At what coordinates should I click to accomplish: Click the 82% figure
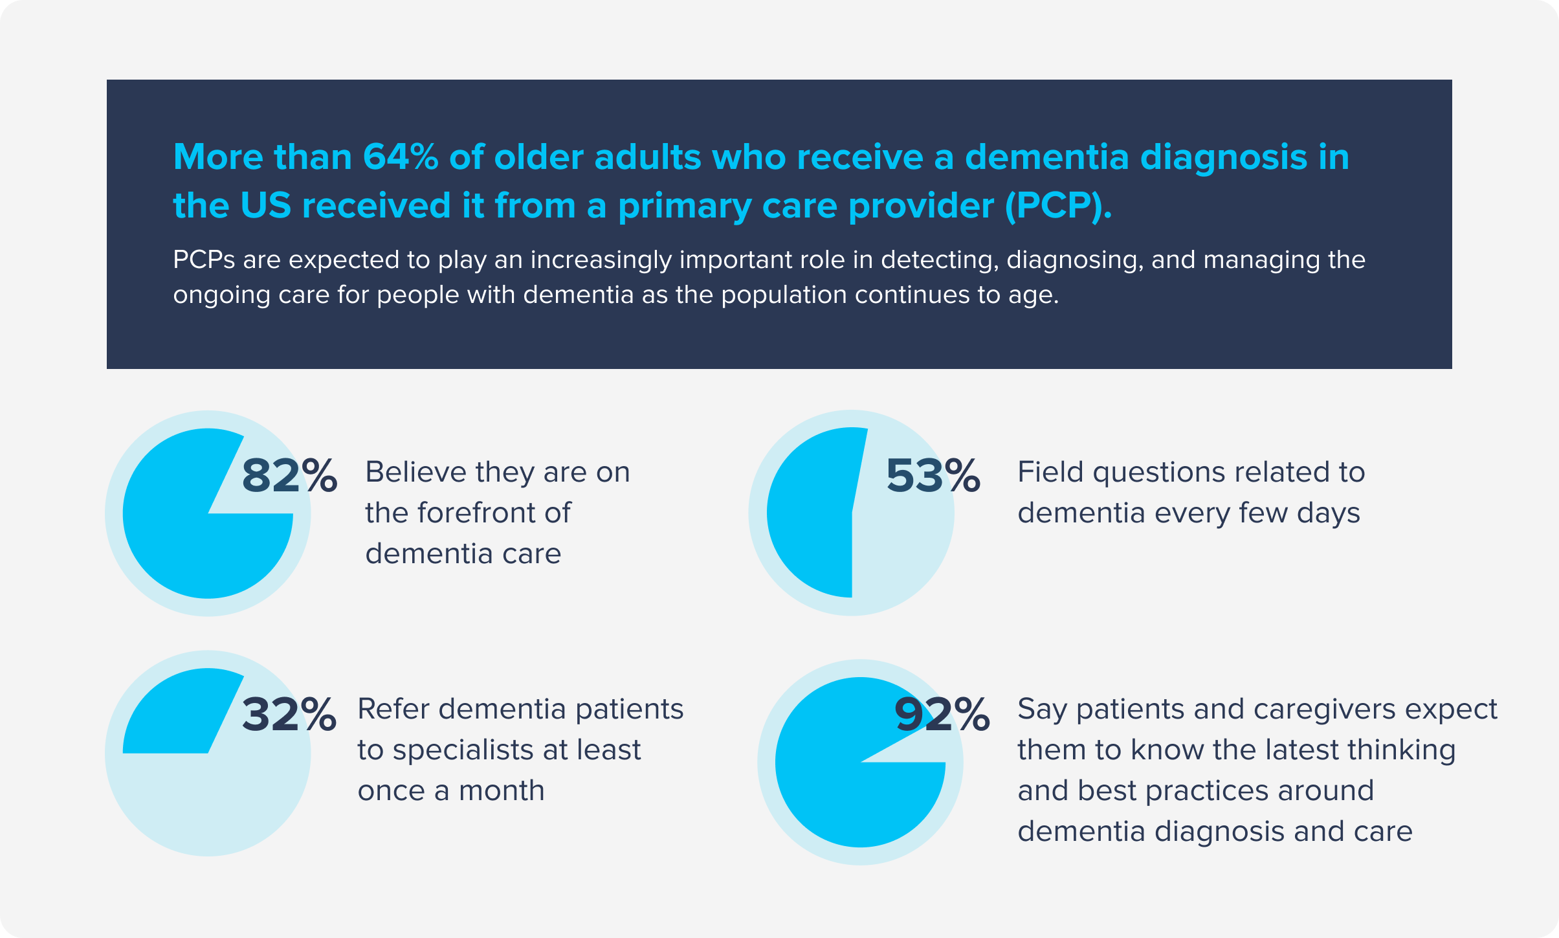pos(289,476)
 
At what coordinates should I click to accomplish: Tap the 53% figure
pos(933,476)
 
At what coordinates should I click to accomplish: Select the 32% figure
pos(289,715)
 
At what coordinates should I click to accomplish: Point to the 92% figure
pos(942,715)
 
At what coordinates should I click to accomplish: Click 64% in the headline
pos(400,157)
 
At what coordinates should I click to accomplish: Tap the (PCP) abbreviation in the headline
pos(1057,206)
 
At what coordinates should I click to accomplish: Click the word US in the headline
pos(265,206)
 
